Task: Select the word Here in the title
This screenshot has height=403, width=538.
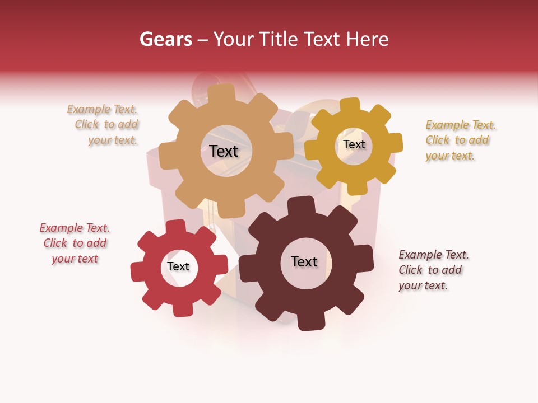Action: (x=368, y=39)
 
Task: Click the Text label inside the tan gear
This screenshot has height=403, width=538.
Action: (x=224, y=151)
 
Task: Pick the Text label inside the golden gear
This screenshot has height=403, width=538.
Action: (x=354, y=144)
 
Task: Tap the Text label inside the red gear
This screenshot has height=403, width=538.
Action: (x=178, y=266)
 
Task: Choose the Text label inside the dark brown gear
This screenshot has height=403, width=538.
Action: (x=304, y=261)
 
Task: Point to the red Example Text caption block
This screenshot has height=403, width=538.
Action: (x=75, y=243)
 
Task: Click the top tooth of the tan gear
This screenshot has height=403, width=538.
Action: (x=222, y=93)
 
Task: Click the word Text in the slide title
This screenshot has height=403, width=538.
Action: (x=322, y=39)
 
